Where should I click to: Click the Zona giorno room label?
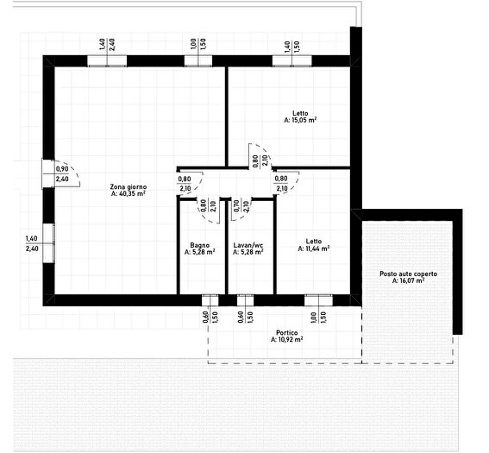click(129, 187)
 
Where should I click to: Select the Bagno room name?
click(199, 245)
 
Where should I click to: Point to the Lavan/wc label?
click(248, 245)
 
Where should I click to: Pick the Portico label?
click(287, 333)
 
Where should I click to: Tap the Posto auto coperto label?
click(408, 274)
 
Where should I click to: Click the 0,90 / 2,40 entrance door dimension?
click(62, 174)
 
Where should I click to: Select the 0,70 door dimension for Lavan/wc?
click(241, 206)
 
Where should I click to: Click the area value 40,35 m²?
click(129, 194)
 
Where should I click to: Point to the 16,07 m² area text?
click(408, 280)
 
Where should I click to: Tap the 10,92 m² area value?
click(287, 339)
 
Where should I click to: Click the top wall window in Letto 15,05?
click(292, 61)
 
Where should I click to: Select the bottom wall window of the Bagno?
click(210, 300)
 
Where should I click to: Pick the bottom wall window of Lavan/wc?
click(245, 300)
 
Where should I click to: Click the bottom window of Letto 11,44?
click(318, 300)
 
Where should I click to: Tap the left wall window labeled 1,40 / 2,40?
click(48, 243)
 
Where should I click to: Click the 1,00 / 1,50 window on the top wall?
click(198, 61)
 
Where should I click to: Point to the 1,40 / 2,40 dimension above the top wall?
click(107, 45)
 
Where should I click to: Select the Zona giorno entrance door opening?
click(48, 173)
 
